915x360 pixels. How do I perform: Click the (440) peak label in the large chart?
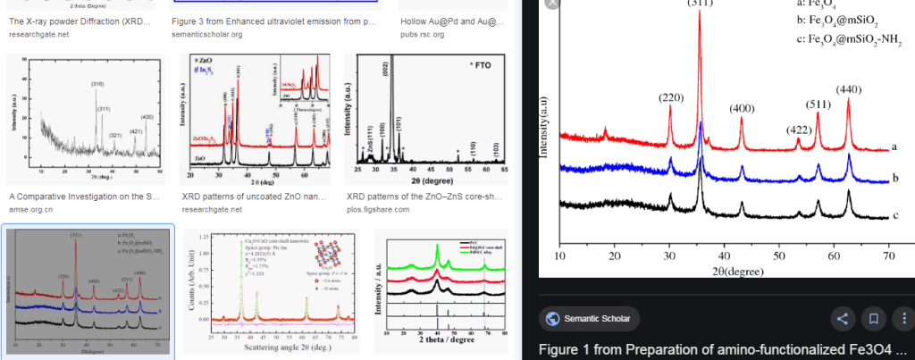pyautogui.click(x=848, y=89)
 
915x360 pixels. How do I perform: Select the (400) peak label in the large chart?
pyautogui.click(x=742, y=109)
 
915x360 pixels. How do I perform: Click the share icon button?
pyautogui.click(x=842, y=318)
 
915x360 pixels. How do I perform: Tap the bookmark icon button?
pyautogui.click(x=873, y=318)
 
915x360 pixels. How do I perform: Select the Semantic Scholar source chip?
pyautogui.click(x=585, y=319)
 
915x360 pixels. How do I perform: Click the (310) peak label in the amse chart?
pyautogui.click(x=97, y=85)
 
